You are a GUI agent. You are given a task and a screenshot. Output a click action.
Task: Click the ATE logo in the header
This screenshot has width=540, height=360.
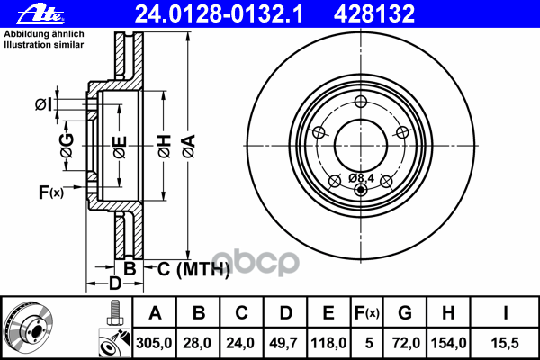(x=28, y=14)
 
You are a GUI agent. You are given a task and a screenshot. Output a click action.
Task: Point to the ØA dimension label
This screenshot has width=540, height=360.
(x=188, y=141)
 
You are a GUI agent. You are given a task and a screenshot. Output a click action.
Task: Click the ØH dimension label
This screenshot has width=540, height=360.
(x=163, y=141)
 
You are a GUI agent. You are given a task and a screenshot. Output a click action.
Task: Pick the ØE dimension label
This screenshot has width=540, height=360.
(x=120, y=144)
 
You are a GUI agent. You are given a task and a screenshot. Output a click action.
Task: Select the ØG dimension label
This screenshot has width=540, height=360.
(x=66, y=141)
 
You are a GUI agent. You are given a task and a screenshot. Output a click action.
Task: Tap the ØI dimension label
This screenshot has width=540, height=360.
(x=42, y=105)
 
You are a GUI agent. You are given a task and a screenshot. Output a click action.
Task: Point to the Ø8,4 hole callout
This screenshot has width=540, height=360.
(x=361, y=177)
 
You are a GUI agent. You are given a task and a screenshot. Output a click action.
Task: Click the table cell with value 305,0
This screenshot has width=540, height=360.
(x=155, y=342)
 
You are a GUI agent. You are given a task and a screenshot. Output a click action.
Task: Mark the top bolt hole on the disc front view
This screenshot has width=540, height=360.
(x=360, y=101)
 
